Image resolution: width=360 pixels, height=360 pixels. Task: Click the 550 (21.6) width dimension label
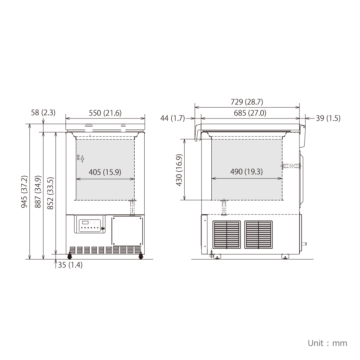coord(105,113)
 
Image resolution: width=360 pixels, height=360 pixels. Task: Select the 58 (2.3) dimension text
coord(43,113)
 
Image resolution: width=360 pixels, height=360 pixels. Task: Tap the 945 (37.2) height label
coord(24,192)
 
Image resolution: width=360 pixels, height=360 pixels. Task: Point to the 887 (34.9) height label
coord(38,192)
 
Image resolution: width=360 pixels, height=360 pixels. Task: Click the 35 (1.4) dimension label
coord(70,265)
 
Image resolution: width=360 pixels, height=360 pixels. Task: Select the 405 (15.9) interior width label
coord(105,172)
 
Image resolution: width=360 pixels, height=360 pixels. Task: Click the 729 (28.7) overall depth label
coord(247,102)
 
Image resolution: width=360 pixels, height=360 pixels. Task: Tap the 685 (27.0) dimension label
coord(250,113)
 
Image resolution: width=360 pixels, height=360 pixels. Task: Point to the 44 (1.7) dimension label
coord(172,118)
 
